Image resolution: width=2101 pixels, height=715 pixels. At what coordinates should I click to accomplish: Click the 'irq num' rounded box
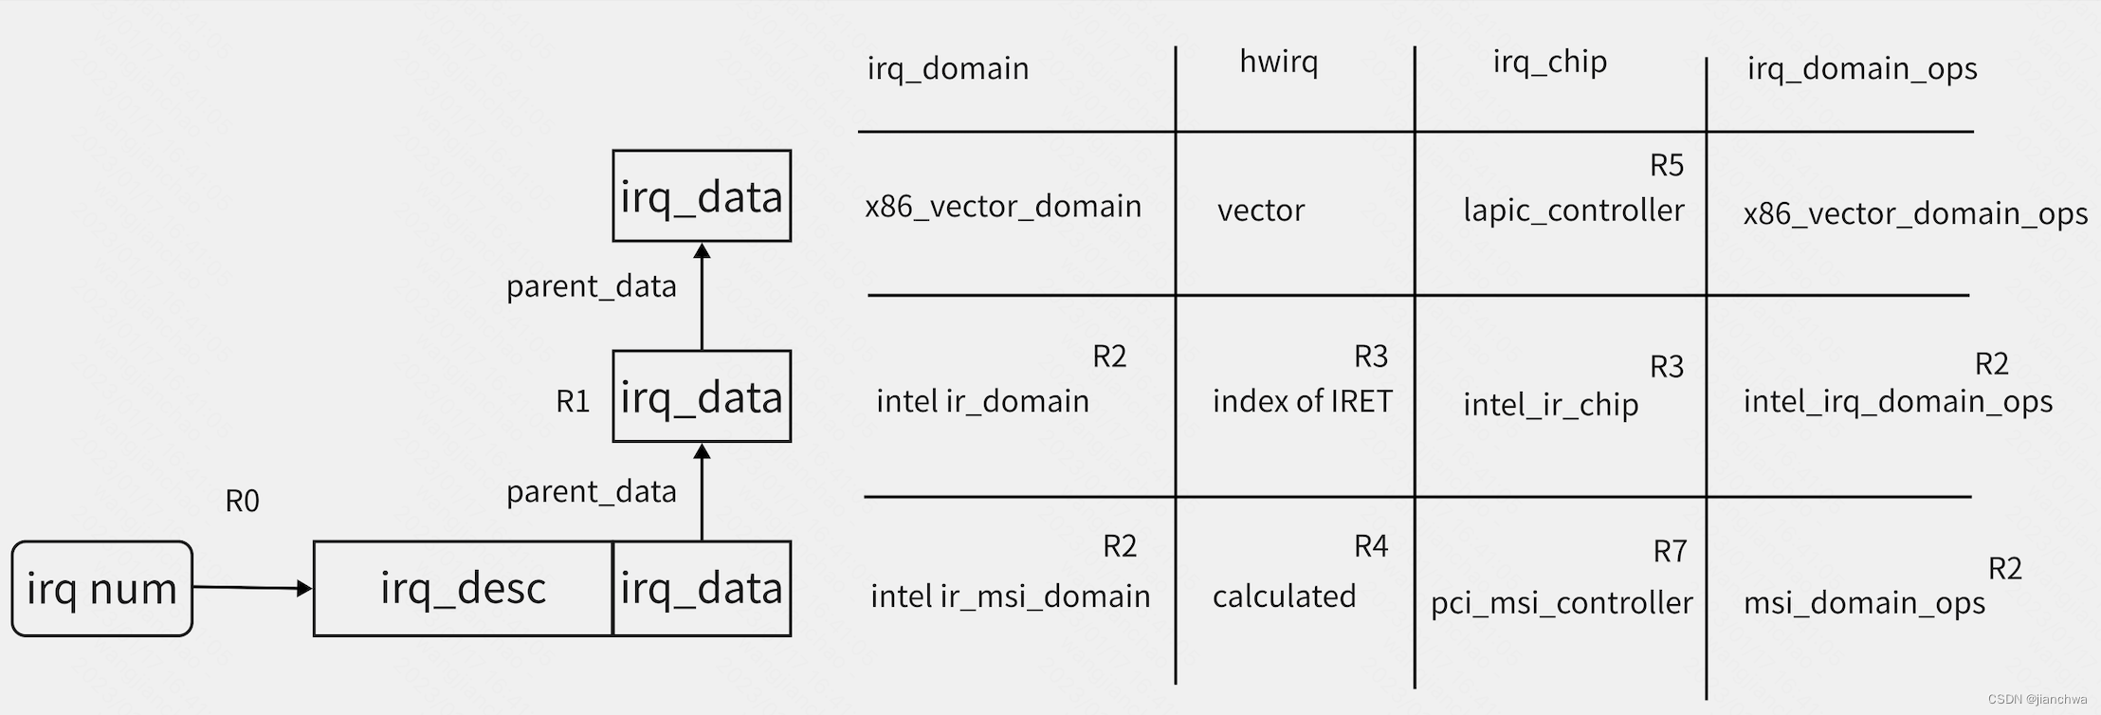(101, 589)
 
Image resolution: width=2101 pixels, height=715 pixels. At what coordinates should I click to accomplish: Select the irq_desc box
(463, 589)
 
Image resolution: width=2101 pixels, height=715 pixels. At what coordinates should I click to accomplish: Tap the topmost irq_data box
(702, 196)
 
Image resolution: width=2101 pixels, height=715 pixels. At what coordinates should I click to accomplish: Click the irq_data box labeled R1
(702, 396)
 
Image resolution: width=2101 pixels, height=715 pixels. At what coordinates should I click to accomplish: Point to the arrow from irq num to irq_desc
(252, 588)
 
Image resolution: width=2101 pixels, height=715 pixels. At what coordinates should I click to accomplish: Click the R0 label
(242, 501)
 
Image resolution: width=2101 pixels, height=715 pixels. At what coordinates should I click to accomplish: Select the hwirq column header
(1278, 63)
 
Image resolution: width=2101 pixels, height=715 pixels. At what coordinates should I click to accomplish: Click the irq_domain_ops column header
(1861, 68)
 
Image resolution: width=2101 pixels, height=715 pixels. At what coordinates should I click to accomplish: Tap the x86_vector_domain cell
(1002, 207)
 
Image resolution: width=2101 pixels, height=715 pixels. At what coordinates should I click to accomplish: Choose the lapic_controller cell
(1573, 210)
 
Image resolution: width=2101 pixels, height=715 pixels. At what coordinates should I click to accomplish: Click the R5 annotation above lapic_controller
(1666, 166)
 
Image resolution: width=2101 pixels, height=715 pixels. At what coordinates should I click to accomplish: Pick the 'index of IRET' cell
(1302, 401)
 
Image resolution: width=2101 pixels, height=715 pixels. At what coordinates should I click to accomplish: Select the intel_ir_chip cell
(1550, 405)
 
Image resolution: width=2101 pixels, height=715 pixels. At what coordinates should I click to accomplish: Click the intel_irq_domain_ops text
(1897, 401)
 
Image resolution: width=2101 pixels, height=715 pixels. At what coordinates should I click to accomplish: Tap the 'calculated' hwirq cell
(1284, 596)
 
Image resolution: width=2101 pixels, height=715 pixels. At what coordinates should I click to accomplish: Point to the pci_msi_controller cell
(1561, 602)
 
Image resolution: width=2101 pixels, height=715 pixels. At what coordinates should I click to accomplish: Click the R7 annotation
(1669, 551)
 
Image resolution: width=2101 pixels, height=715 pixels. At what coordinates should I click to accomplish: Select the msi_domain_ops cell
(1863, 603)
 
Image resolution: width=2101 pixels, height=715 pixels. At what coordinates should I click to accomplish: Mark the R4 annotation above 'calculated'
(1370, 546)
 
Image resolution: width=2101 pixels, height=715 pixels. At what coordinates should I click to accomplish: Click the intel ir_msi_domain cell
(1010, 596)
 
